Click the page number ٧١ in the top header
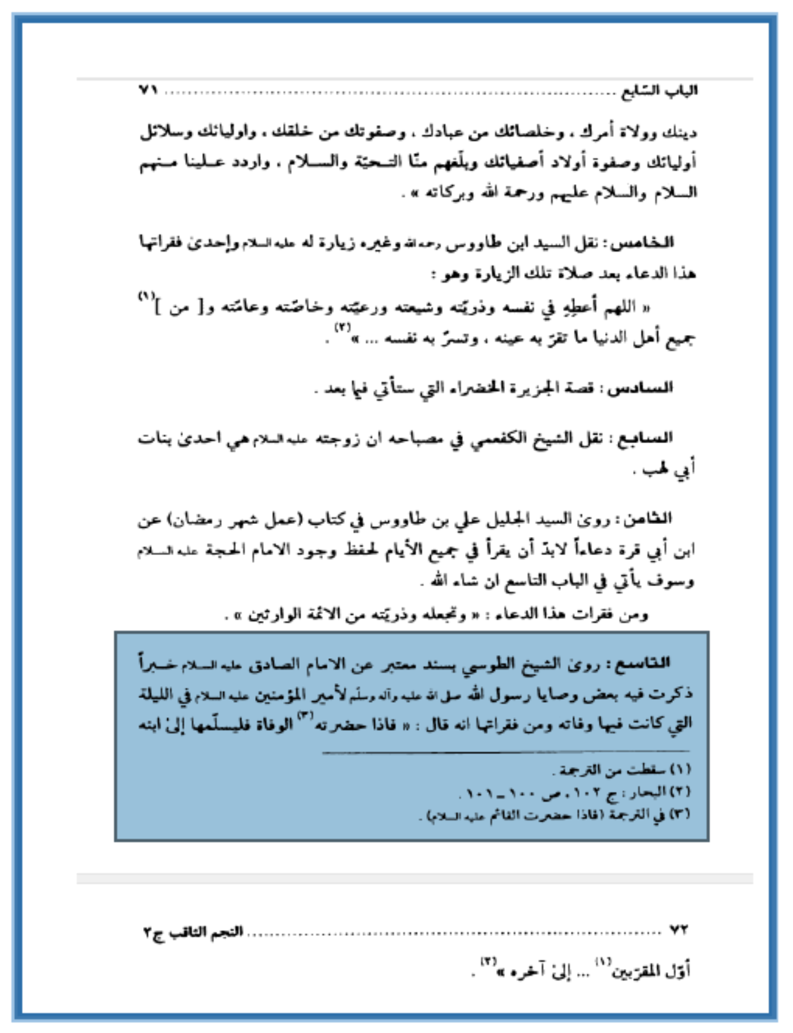pyautogui.click(x=149, y=91)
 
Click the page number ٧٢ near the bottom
pyautogui.click(x=679, y=930)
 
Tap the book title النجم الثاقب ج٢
pyautogui.click(x=193, y=932)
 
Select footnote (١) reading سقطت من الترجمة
pyautogui.click(x=622, y=770)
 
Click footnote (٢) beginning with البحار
pyautogui.click(x=575, y=792)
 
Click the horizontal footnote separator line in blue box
pyautogui.click(x=507, y=753)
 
